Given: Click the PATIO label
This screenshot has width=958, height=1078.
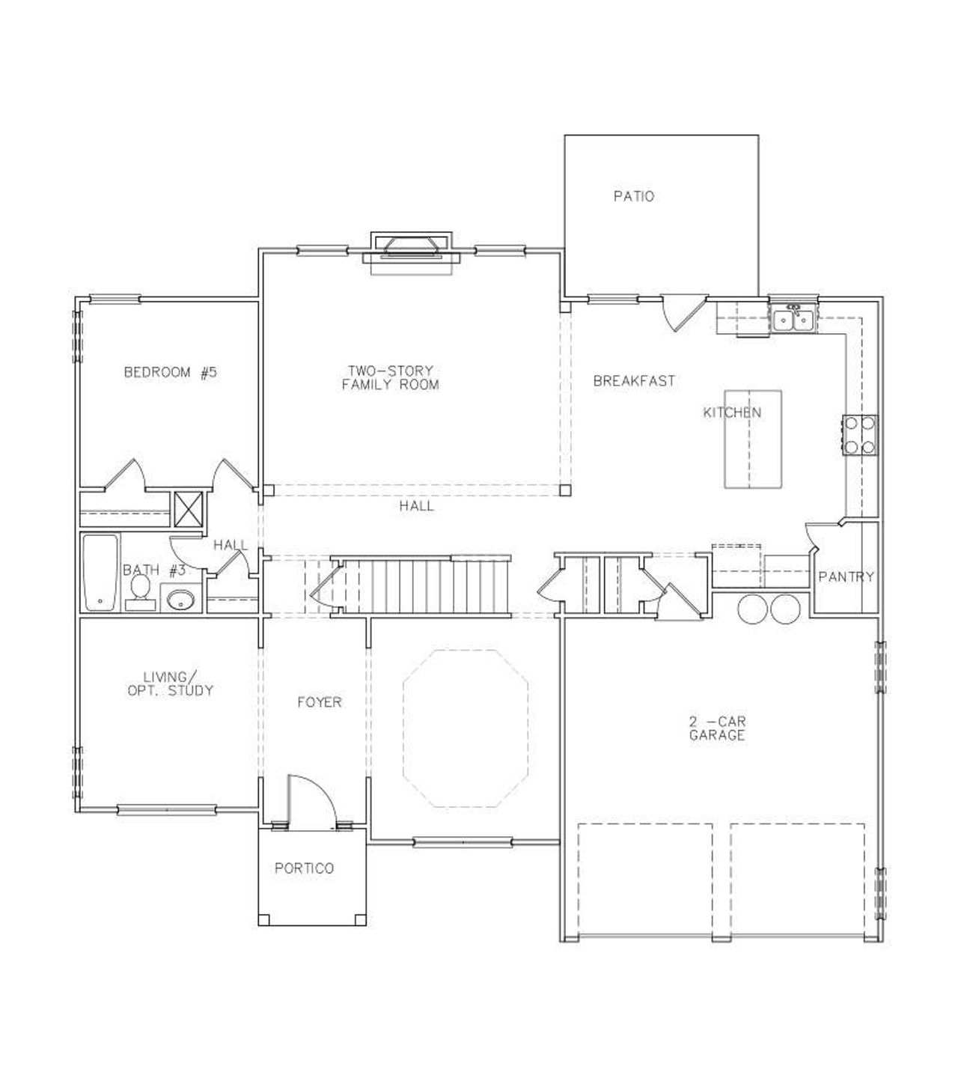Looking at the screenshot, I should [x=633, y=197].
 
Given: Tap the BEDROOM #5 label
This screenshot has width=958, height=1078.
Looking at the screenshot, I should [x=170, y=372].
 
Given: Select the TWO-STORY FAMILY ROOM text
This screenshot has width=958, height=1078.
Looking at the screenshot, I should [x=389, y=378].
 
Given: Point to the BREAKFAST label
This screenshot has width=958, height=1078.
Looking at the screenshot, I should [x=634, y=381].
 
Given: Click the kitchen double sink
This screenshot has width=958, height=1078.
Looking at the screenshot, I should [x=793, y=320].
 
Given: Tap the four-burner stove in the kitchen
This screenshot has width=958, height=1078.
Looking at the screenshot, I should [x=860, y=435].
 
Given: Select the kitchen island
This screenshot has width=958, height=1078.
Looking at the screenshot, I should [x=752, y=439].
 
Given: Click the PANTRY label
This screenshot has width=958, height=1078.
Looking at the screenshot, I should [x=846, y=577].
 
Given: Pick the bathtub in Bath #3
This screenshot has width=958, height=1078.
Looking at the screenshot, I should [x=100, y=573].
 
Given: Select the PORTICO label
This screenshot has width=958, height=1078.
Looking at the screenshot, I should [x=304, y=869].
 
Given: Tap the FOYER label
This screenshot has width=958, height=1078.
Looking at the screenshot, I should [x=319, y=702].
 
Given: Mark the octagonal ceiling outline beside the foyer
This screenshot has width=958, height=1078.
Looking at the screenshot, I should [x=466, y=728].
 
